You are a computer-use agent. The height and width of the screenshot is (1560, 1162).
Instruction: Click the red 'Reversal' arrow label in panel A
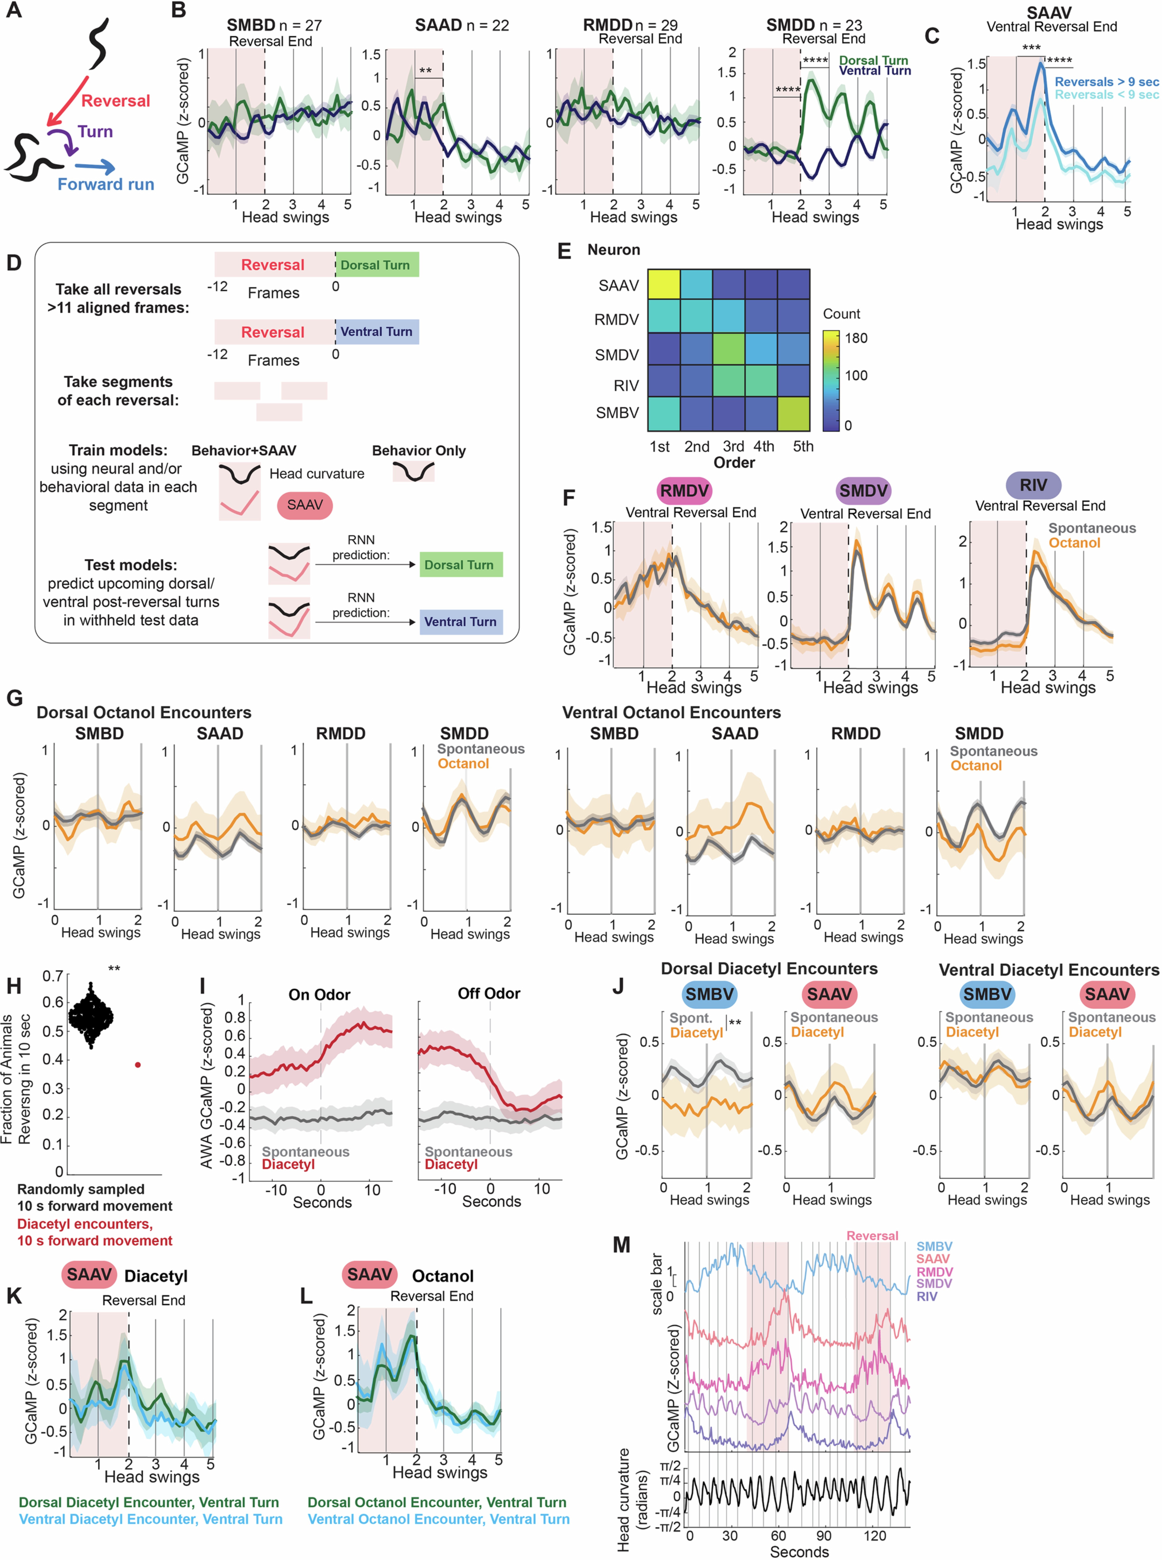click(115, 101)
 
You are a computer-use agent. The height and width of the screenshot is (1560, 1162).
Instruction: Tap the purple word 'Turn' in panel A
click(95, 132)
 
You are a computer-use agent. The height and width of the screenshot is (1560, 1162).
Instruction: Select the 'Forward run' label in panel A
click(106, 184)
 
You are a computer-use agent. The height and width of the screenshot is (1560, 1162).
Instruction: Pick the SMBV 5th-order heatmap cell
click(793, 413)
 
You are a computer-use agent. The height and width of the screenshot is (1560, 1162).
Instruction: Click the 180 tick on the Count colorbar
click(855, 338)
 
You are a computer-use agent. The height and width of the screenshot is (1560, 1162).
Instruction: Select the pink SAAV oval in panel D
click(304, 505)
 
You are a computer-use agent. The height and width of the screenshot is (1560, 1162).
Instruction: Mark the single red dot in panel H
click(138, 1065)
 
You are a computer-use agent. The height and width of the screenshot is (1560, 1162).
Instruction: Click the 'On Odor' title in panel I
click(319, 994)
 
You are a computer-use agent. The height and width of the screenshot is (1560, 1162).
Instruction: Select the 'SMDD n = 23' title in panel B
click(814, 25)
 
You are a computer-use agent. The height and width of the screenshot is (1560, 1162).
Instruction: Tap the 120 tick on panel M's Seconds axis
click(875, 1535)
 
